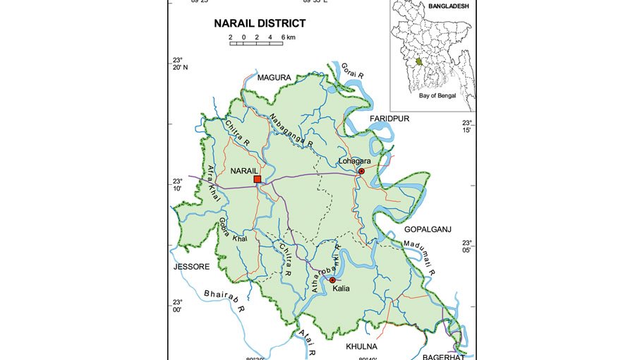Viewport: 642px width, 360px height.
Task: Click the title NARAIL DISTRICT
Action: click(260, 23)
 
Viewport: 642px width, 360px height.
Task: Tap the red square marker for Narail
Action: click(257, 179)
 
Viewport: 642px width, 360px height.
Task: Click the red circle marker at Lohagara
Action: click(361, 171)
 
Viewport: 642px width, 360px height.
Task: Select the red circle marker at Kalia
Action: click(332, 280)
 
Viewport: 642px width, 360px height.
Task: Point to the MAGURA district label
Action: click(274, 77)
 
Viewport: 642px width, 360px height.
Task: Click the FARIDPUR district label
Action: click(388, 119)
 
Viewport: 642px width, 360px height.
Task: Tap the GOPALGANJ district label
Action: click(428, 229)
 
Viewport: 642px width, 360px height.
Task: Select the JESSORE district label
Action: click(192, 267)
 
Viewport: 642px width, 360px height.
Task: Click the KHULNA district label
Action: click(361, 347)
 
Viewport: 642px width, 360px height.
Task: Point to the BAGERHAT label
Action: click(443, 357)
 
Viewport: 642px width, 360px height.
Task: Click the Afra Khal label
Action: click(213, 184)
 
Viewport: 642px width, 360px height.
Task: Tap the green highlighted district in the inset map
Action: click(419, 62)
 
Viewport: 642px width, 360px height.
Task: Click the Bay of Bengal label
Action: click(437, 95)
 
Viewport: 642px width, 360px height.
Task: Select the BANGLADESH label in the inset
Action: click(448, 6)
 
